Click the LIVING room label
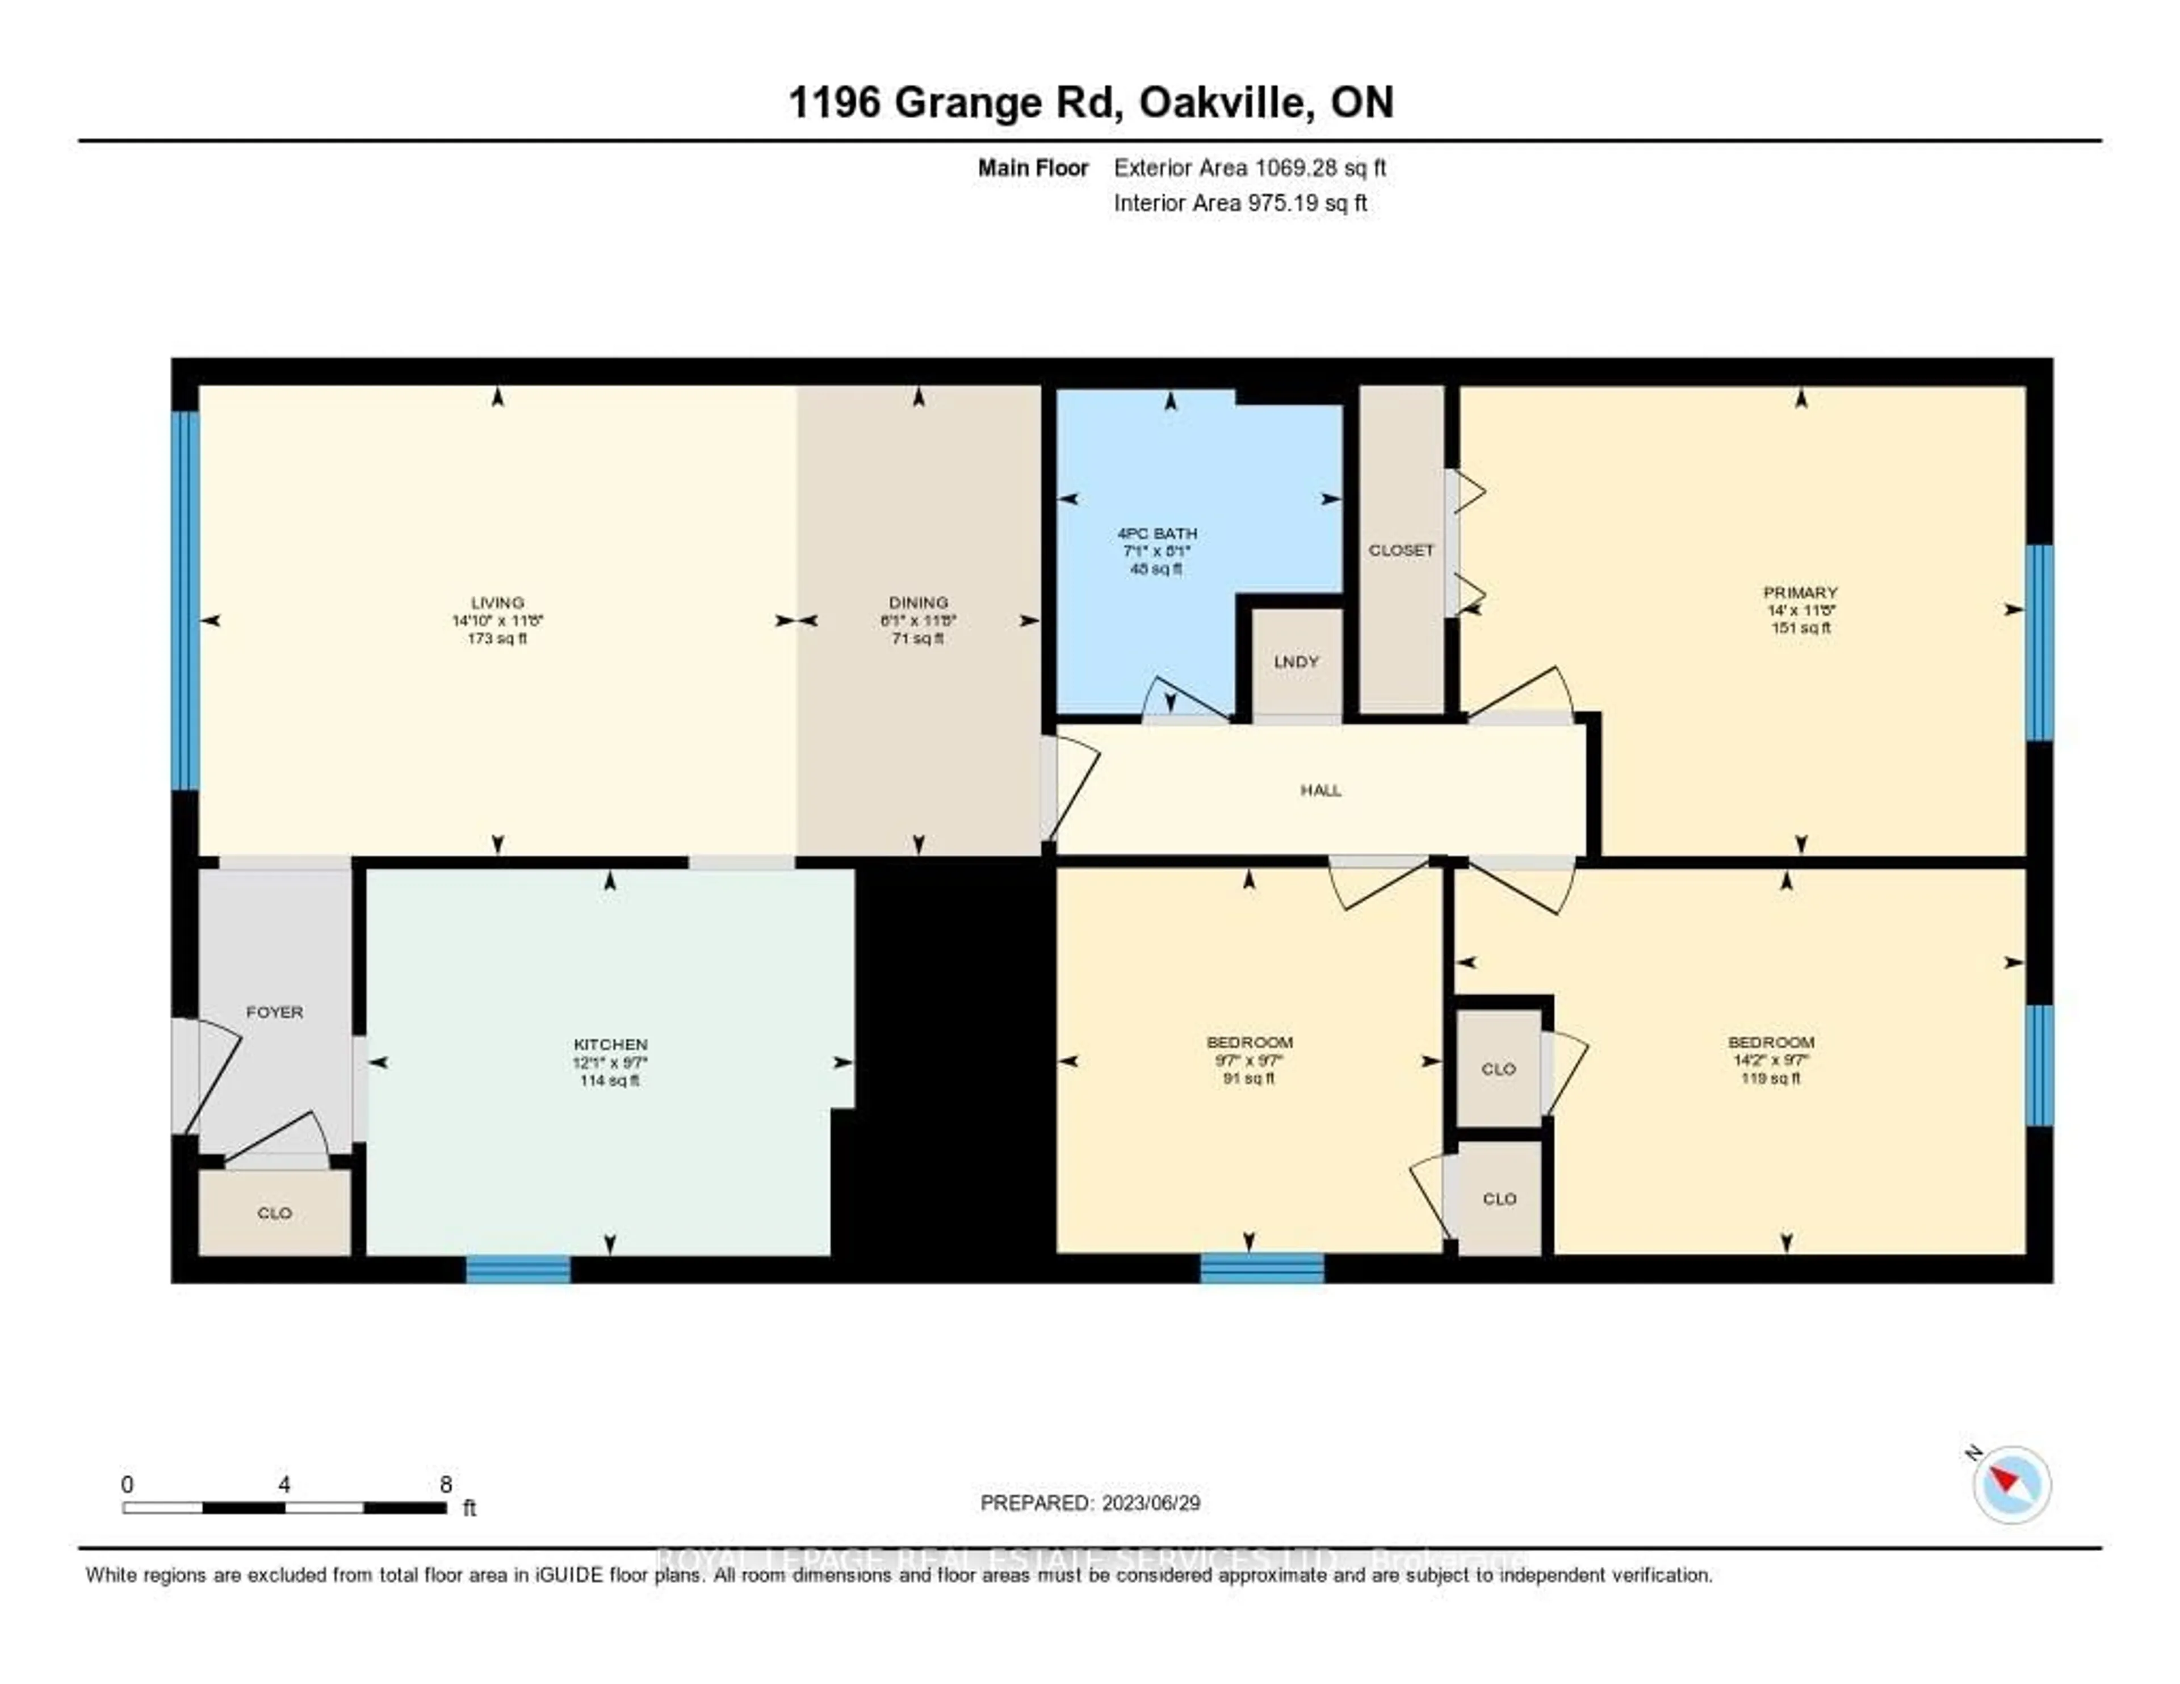point(497,602)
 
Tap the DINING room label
point(919,602)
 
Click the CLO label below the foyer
point(275,1213)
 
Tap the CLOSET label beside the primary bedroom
point(1401,550)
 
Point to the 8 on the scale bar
point(445,1484)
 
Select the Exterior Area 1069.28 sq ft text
point(1250,167)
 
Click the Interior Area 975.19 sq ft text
point(1240,203)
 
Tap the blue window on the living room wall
point(186,600)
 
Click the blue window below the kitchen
point(518,1269)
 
